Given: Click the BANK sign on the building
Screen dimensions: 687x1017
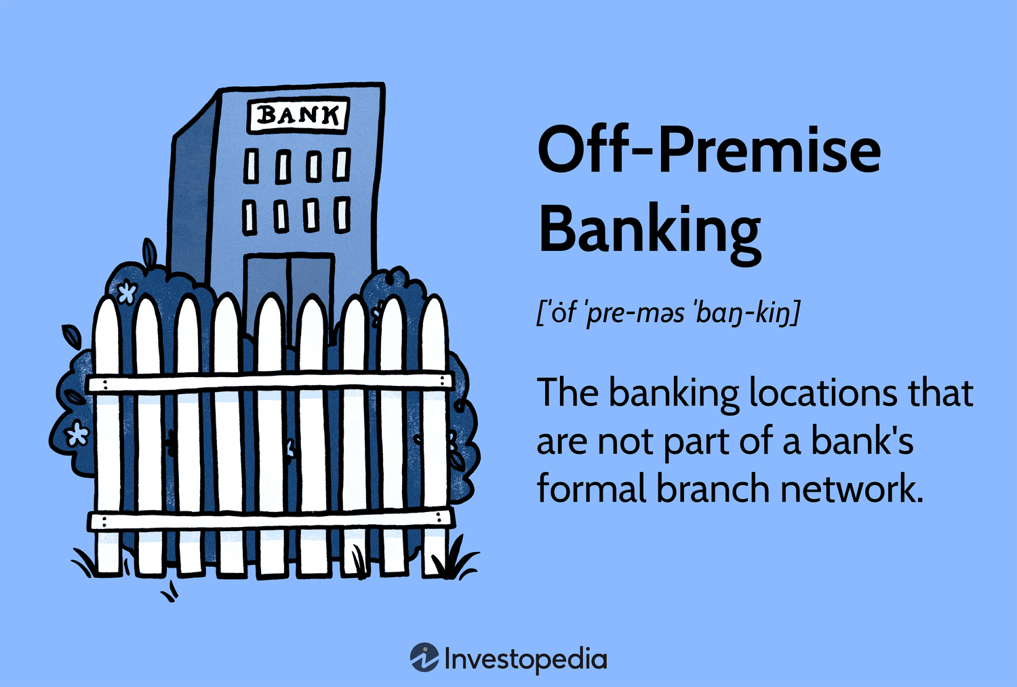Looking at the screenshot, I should point(298,116).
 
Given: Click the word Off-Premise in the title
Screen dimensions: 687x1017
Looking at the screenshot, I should point(709,151).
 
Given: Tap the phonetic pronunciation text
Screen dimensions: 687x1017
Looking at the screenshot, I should point(668,313).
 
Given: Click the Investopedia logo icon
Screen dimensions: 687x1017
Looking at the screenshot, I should point(424,657).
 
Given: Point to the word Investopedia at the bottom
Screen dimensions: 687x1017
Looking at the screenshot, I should point(525,659).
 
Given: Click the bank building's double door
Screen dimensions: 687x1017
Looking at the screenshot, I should point(290,285).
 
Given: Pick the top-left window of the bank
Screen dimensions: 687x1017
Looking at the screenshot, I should point(252,167).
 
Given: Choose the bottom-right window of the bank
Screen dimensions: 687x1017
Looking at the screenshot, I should point(342,214).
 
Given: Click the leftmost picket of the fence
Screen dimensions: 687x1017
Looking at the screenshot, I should point(107,441).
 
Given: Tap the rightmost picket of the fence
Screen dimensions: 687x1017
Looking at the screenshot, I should point(434,441).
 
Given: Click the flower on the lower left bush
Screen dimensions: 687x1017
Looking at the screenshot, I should point(77,433).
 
